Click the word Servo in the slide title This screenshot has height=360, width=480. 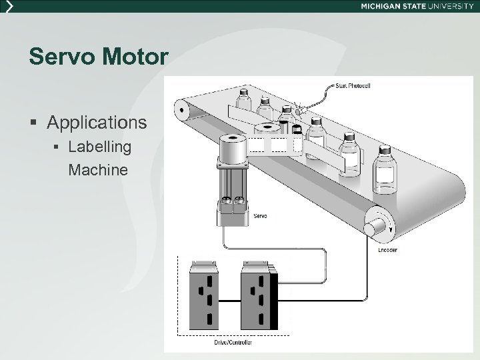pos(61,56)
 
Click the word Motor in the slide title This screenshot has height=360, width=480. pos(135,56)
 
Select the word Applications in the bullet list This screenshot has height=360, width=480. pos(97,123)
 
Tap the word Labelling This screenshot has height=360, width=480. pos(100,147)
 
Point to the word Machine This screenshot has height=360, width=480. pos(98,170)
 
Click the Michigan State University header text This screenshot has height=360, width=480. pos(417,6)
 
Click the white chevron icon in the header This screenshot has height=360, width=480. pos(10,6)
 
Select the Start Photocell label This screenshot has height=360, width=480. pos(353,86)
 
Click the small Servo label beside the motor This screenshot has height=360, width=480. pos(260,216)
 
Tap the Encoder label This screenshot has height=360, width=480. pos(387,250)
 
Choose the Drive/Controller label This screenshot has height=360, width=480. pos(233,342)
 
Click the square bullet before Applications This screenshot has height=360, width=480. pos(33,123)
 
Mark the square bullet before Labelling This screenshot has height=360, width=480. pos(56,147)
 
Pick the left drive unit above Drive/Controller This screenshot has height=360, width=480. pos(204,295)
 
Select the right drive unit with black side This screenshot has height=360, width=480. pos(259,295)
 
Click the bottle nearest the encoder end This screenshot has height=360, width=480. pos(385,170)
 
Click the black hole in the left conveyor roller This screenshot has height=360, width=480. pos(181,110)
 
